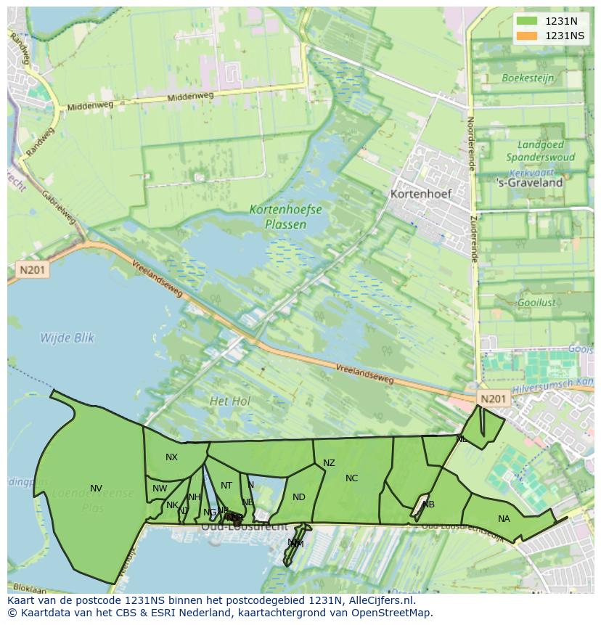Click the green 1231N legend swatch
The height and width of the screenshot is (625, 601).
coord(527,21)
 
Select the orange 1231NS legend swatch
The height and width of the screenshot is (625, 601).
coord(527,36)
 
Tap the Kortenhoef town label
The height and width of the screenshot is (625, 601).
coord(420,194)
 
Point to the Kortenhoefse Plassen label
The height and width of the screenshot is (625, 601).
coord(285,216)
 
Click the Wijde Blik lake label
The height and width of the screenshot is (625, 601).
coord(67,338)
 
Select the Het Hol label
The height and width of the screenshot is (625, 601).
coord(230,401)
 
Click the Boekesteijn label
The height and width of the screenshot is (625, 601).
coord(528,78)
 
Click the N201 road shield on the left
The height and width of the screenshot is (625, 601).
coord(32,270)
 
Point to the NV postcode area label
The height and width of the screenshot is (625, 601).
coord(96,488)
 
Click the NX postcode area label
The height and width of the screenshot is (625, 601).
coord(171,457)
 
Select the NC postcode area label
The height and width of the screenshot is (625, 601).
coord(351,478)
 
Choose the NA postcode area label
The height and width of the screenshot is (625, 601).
coord(504,518)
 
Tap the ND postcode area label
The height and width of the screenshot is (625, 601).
coord(299,497)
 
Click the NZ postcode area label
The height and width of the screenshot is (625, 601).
coord(329,462)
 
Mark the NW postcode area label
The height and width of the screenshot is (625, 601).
coord(160,489)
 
